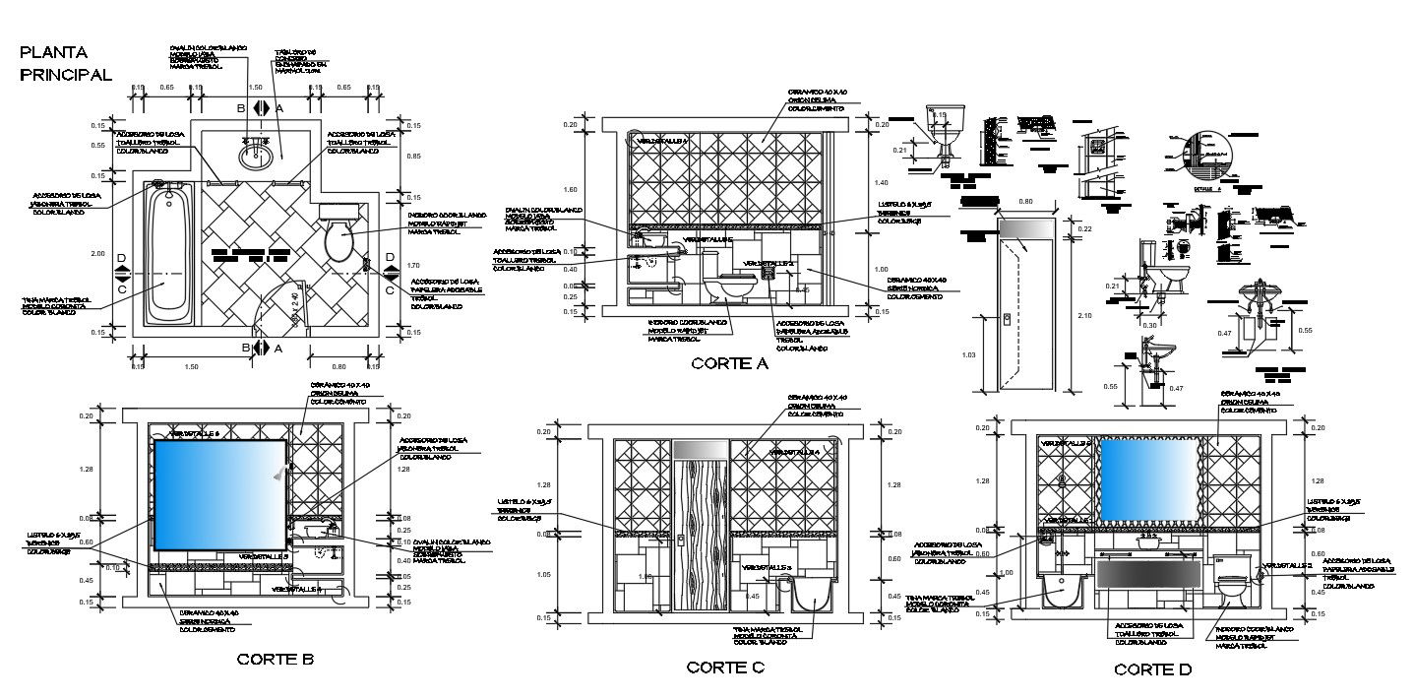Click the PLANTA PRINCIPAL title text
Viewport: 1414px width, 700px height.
click(65, 63)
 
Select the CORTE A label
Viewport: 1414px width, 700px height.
click(728, 363)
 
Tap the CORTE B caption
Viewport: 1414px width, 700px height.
click(275, 660)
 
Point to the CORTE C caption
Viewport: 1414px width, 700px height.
click(725, 667)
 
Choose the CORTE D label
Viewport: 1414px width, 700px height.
click(1152, 669)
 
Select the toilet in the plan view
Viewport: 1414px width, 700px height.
click(338, 238)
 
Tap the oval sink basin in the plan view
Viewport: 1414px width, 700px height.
click(258, 154)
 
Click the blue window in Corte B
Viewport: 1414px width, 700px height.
click(219, 494)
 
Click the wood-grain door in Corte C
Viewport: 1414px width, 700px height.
click(700, 537)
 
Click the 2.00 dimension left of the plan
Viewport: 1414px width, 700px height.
click(98, 254)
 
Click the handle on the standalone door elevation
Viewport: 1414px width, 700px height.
click(1007, 317)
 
